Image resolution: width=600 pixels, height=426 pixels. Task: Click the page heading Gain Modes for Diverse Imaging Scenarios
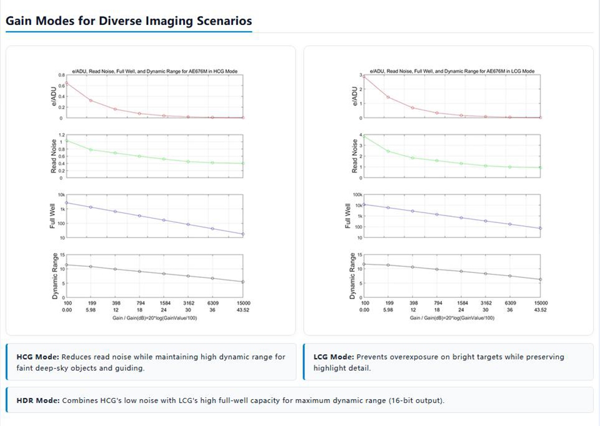pyautogui.click(x=129, y=21)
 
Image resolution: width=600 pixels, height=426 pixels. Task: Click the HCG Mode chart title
pyautogui.click(x=155, y=71)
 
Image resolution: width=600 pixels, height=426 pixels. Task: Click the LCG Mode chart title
pyautogui.click(x=452, y=71)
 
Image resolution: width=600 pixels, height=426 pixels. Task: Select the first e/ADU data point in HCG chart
pyautogui.click(x=67, y=83)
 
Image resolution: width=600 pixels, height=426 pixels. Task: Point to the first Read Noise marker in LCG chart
pyautogui.click(x=364, y=137)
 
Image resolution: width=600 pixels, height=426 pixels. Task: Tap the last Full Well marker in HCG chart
pyautogui.click(x=243, y=234)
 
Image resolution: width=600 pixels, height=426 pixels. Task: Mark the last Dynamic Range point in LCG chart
pyautogui.click(x=540, y=280)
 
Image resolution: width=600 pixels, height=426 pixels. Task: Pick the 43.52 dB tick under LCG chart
pyautogui.click(x=540, y=310)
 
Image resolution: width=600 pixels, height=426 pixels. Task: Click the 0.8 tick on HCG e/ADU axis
pyautogui.click(x=62, y=76)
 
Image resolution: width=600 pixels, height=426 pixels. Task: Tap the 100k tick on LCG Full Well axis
pyautogui.click(x=357, y=195)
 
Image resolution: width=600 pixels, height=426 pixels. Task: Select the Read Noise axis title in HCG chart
pyautogui.click(x=54, y=156)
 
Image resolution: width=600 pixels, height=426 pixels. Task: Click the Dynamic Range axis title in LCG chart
pyautogui.click(x=352, y=275)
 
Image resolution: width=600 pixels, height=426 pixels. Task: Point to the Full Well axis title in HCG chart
pyautogui.click(x=52, y=216)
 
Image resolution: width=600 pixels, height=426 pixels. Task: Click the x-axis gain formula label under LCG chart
pyautogui.click(x=452, y=318)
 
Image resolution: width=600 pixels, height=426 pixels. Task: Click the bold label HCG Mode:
pyautogui.click(x=38, y=357)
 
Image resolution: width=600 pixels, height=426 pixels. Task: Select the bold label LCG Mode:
pyautogui.click(x=334, y=357)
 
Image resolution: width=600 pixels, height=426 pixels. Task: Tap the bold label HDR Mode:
pyautogui.click(x=38, y=401)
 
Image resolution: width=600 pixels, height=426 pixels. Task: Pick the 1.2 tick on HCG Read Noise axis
pyautogui.click(x=62, y=135)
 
